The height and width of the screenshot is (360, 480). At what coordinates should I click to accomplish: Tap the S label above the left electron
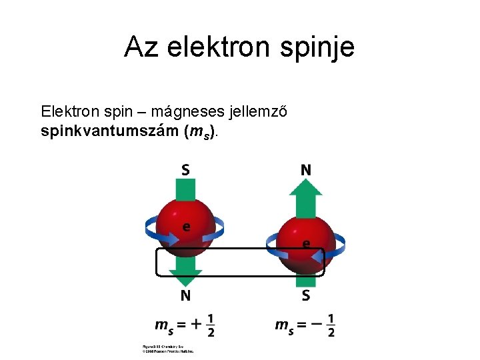pyautogui.click(x=185, y=169)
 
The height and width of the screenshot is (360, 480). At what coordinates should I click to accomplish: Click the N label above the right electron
pyautogui.click(x=305, y=169)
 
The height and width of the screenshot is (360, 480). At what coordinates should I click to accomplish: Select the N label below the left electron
pyautogui.click(x=185, y=295)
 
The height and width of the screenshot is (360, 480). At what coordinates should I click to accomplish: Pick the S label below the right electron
pyautogui.click(x=305, y=295)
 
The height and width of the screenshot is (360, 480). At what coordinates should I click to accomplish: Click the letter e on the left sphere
pyautogui.click(x=187, y=227)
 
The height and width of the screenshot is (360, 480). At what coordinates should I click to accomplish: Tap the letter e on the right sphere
pyautogui.click(x=305, y=244)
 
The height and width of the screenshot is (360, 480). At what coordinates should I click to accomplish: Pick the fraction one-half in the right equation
pyautogui.click(x=331, y=325)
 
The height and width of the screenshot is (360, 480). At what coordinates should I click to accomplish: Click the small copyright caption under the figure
pyautogui.click(x=167, y=349)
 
